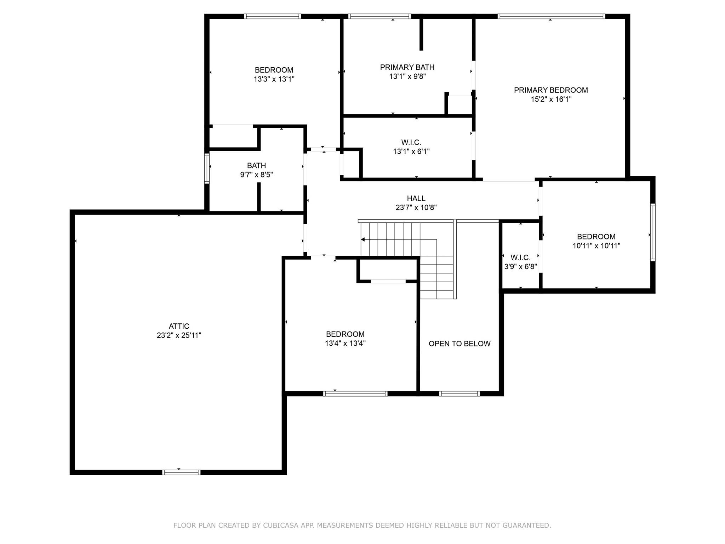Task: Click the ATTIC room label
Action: pyautogui.click(x=179, y=326)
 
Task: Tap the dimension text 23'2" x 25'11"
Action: pyautogui.click(x=179, y=335)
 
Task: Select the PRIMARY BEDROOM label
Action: pyautogui.click(x=551, y=90)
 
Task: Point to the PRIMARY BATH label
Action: pyautogui.click(x=407, y=67)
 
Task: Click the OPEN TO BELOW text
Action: pyautogui.click(x=459, y=344)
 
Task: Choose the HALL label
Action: pyautogui.click(x=416, y=198)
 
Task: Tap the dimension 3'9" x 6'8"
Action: pyautogui.click(x=520, y=267)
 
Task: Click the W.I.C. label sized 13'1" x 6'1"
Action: pyautogui.click(x=411, y=142)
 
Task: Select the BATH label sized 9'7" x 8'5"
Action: pyautogui.click(x=256, y=165)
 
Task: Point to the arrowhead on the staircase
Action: pyautogui.click(x=363, y=240)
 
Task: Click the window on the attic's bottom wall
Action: pyautogui.click(x=181, y=472)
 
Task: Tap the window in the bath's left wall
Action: pyautogui.click(x=207, y=168)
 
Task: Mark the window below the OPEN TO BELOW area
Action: pyautogui.click(x=459, y=393)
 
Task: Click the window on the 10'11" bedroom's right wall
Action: pyautogui.click(x=653, y=232)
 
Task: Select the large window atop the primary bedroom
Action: pyautogui.click(x=551, y=16)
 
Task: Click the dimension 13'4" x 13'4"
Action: pyautogui.click(x=345, y=343)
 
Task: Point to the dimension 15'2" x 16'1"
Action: pyautogui.click(x=551, y=100)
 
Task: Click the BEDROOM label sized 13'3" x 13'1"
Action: pyautogui.click(x=274, y=70)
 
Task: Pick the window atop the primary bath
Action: pyautogui.click(x=379, y=16)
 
